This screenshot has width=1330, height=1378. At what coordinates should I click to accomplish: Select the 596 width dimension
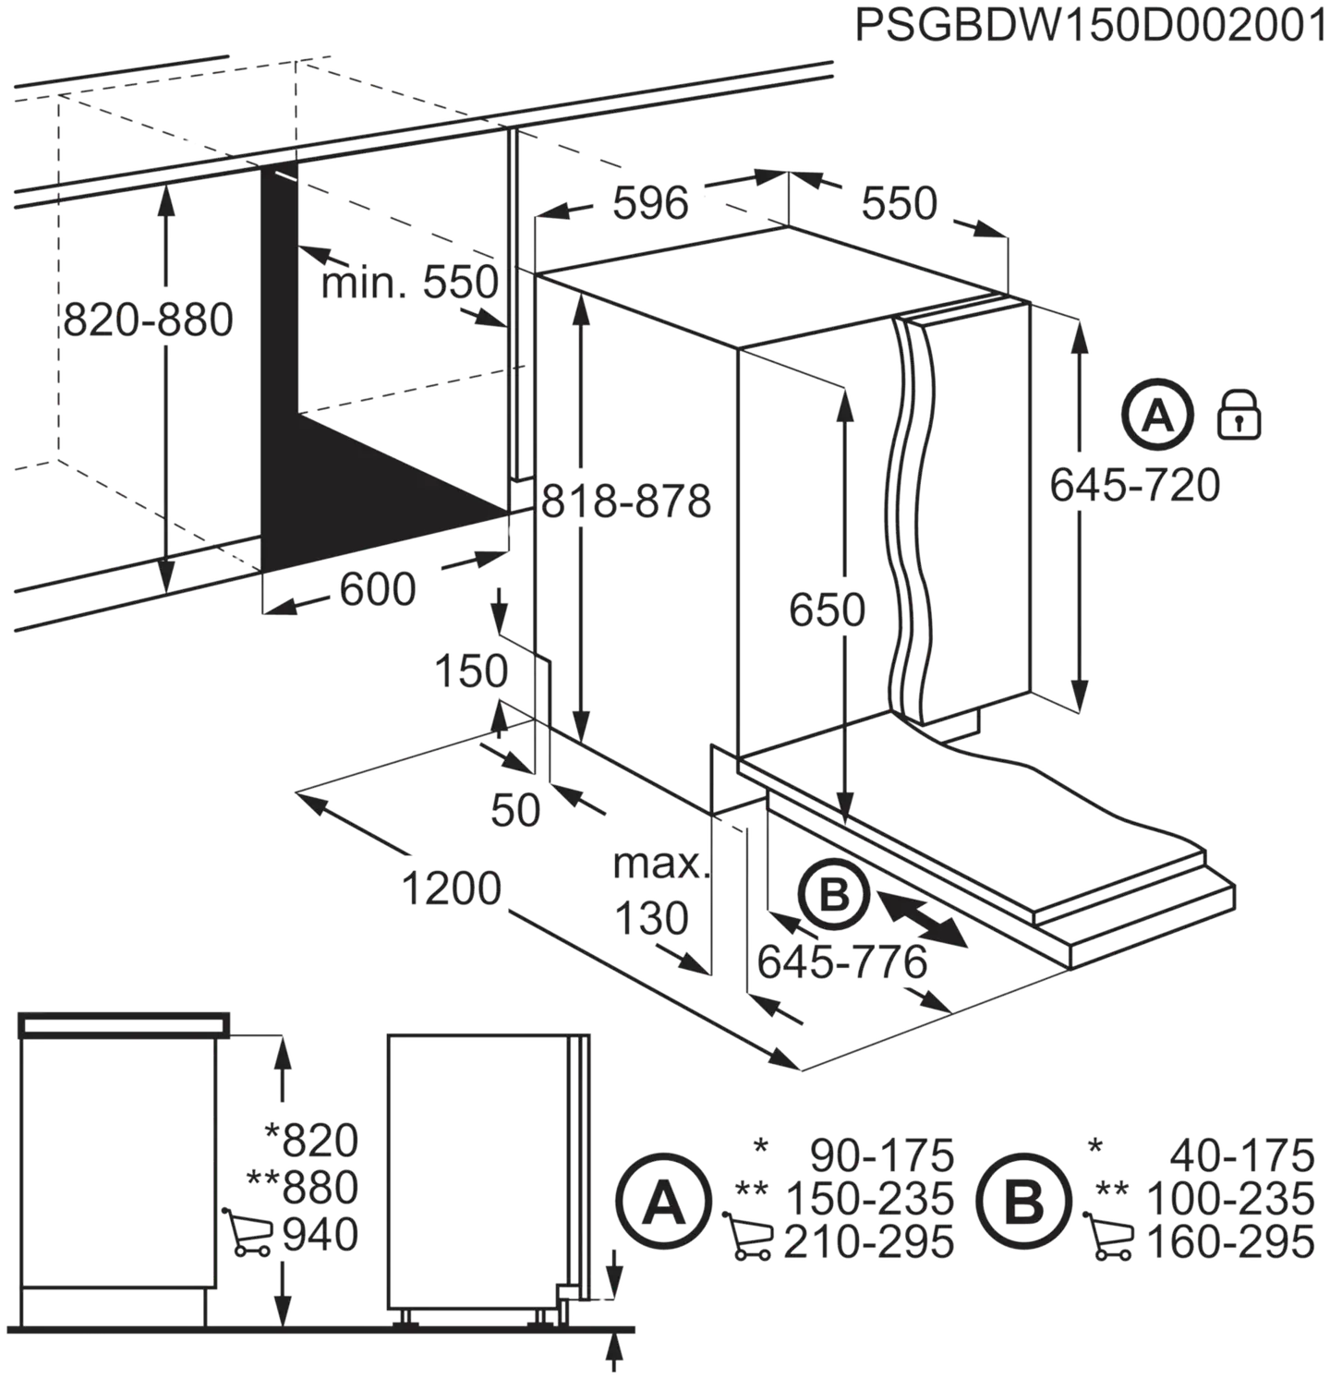[651, 203]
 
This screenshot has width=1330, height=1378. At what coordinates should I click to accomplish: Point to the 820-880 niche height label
[148, 320]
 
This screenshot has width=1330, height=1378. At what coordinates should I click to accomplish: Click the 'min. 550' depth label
[409, 282]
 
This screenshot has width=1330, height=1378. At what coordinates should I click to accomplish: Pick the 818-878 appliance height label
[626, 502]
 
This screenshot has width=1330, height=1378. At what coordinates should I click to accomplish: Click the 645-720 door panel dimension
[1135, 485]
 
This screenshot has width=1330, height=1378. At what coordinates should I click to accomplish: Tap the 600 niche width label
[378, 589]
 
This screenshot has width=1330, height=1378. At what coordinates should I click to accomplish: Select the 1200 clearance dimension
[452, 888]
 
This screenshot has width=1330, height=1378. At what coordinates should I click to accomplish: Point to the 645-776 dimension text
[842, 963]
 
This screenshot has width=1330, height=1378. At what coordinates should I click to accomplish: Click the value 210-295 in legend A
[868, 1242]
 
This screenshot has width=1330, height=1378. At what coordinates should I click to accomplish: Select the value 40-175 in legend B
[1241, 1154]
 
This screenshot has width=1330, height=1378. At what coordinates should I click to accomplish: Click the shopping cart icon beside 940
[248, 1232]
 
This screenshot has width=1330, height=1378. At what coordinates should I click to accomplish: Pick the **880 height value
[303, 1187]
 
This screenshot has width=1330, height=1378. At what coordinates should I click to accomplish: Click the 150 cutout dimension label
[471, 671]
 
